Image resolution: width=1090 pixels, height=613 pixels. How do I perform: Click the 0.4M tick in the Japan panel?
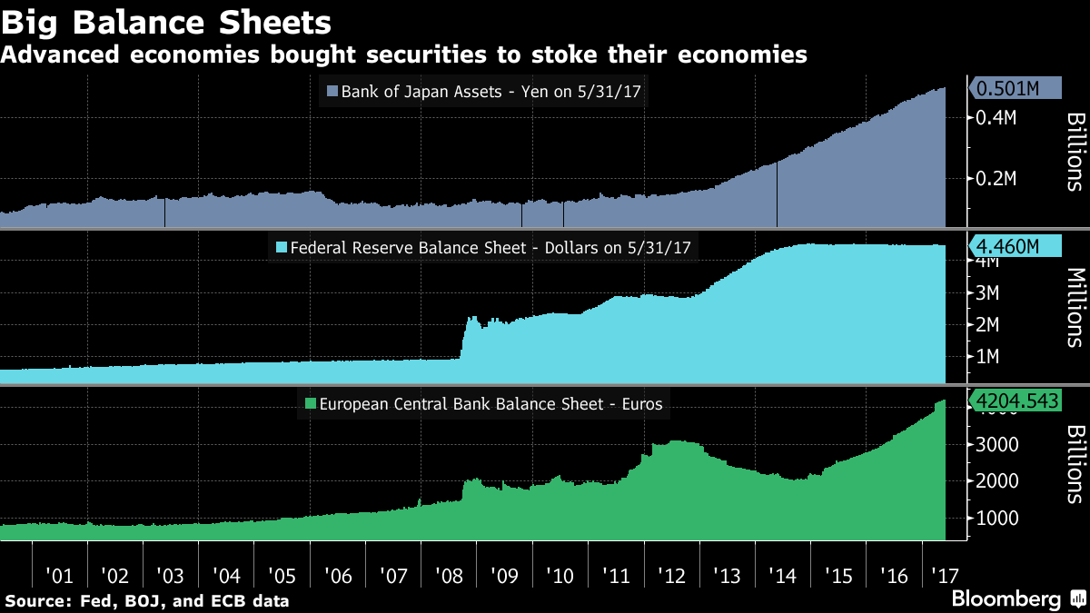996,118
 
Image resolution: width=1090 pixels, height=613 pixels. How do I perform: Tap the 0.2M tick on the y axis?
996,178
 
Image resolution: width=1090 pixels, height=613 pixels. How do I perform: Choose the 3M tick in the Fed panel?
988,293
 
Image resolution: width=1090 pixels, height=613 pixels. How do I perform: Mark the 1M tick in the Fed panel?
988,356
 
